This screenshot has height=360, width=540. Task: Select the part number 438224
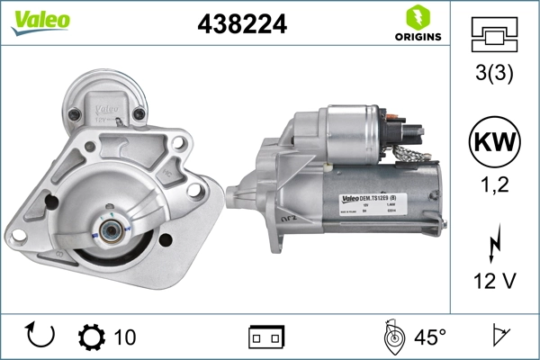click(x=241, y=24)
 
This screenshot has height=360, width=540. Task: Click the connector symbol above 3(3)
click(x=493, y=35)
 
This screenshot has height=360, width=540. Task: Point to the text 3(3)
click(x=493, y=75)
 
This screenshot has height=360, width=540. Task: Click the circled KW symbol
click(x=493, y=142)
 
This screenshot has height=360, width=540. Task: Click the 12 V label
click(x=493, y=283)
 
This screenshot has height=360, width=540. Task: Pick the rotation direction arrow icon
click(x=40, y=336)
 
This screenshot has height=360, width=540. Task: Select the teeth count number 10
click(x=125, y=337)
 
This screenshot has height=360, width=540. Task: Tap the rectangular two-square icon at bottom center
click(x=265, y=337)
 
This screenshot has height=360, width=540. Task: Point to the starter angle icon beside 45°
click(x=392, y=337)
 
